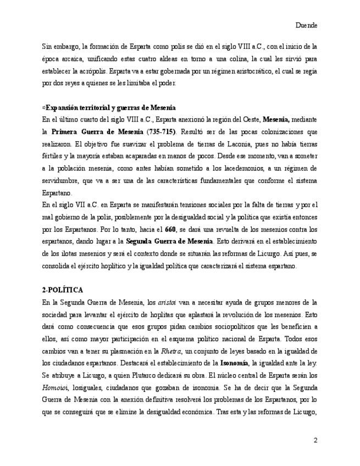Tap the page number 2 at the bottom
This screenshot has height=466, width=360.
(x=315, y=440)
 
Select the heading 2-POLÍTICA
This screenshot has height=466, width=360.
(x=64, y=289)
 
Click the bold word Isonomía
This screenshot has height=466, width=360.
(x=235, y=363)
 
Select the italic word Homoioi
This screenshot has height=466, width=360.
(x=54, y=388)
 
